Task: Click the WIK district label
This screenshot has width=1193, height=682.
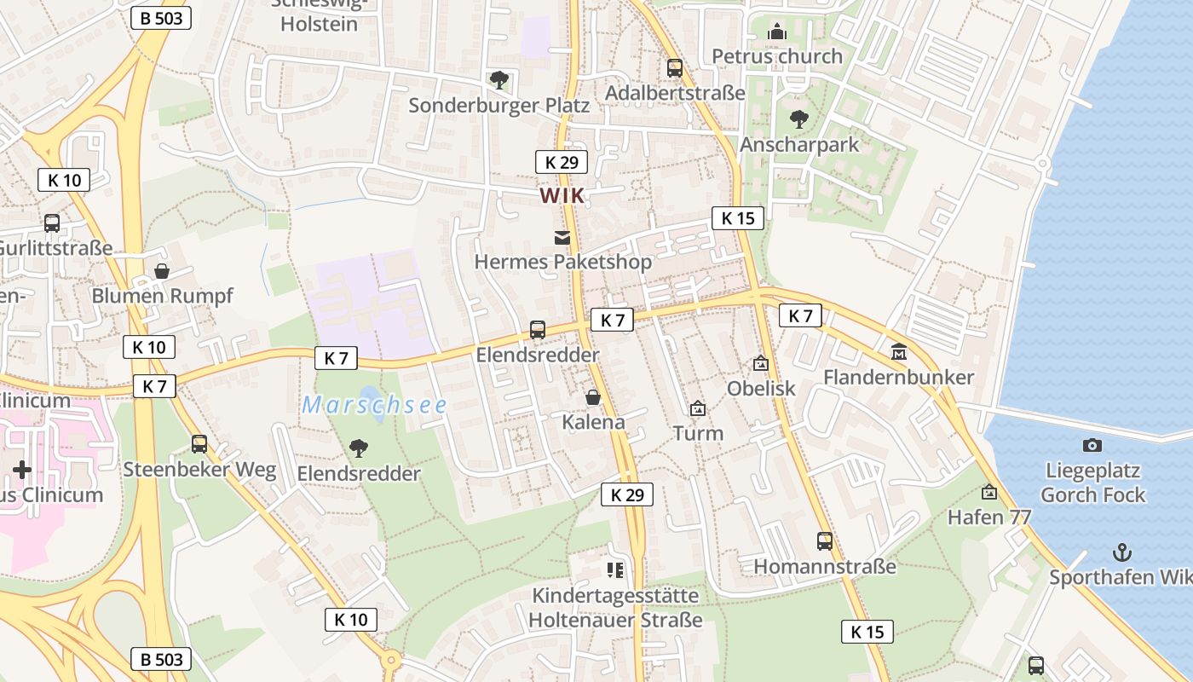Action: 562,196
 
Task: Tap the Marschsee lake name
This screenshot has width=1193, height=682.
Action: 374,406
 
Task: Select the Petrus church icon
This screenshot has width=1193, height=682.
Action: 777,32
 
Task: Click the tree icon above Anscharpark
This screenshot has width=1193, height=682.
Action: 798,118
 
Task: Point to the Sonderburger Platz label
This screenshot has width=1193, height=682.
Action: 499,106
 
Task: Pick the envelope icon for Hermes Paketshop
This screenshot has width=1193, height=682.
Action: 562,238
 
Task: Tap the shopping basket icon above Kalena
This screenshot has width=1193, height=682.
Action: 593,397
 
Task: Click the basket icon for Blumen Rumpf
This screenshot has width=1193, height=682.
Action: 161,271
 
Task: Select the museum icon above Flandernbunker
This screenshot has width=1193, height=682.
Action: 898,351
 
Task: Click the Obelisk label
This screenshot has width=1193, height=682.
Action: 761,389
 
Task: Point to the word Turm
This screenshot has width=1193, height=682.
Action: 698,433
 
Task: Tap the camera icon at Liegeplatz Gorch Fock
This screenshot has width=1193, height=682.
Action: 1092,445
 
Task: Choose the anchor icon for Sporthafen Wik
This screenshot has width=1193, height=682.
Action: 1122,552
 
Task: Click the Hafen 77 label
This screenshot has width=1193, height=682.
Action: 989,517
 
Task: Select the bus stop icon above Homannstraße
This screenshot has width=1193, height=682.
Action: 824,540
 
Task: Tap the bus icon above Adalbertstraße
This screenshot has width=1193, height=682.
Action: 675,67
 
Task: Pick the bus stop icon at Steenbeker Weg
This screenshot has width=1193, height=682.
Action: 199,443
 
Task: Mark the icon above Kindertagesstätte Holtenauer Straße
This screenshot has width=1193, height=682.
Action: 615,569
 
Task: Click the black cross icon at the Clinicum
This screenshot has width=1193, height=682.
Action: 22,469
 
